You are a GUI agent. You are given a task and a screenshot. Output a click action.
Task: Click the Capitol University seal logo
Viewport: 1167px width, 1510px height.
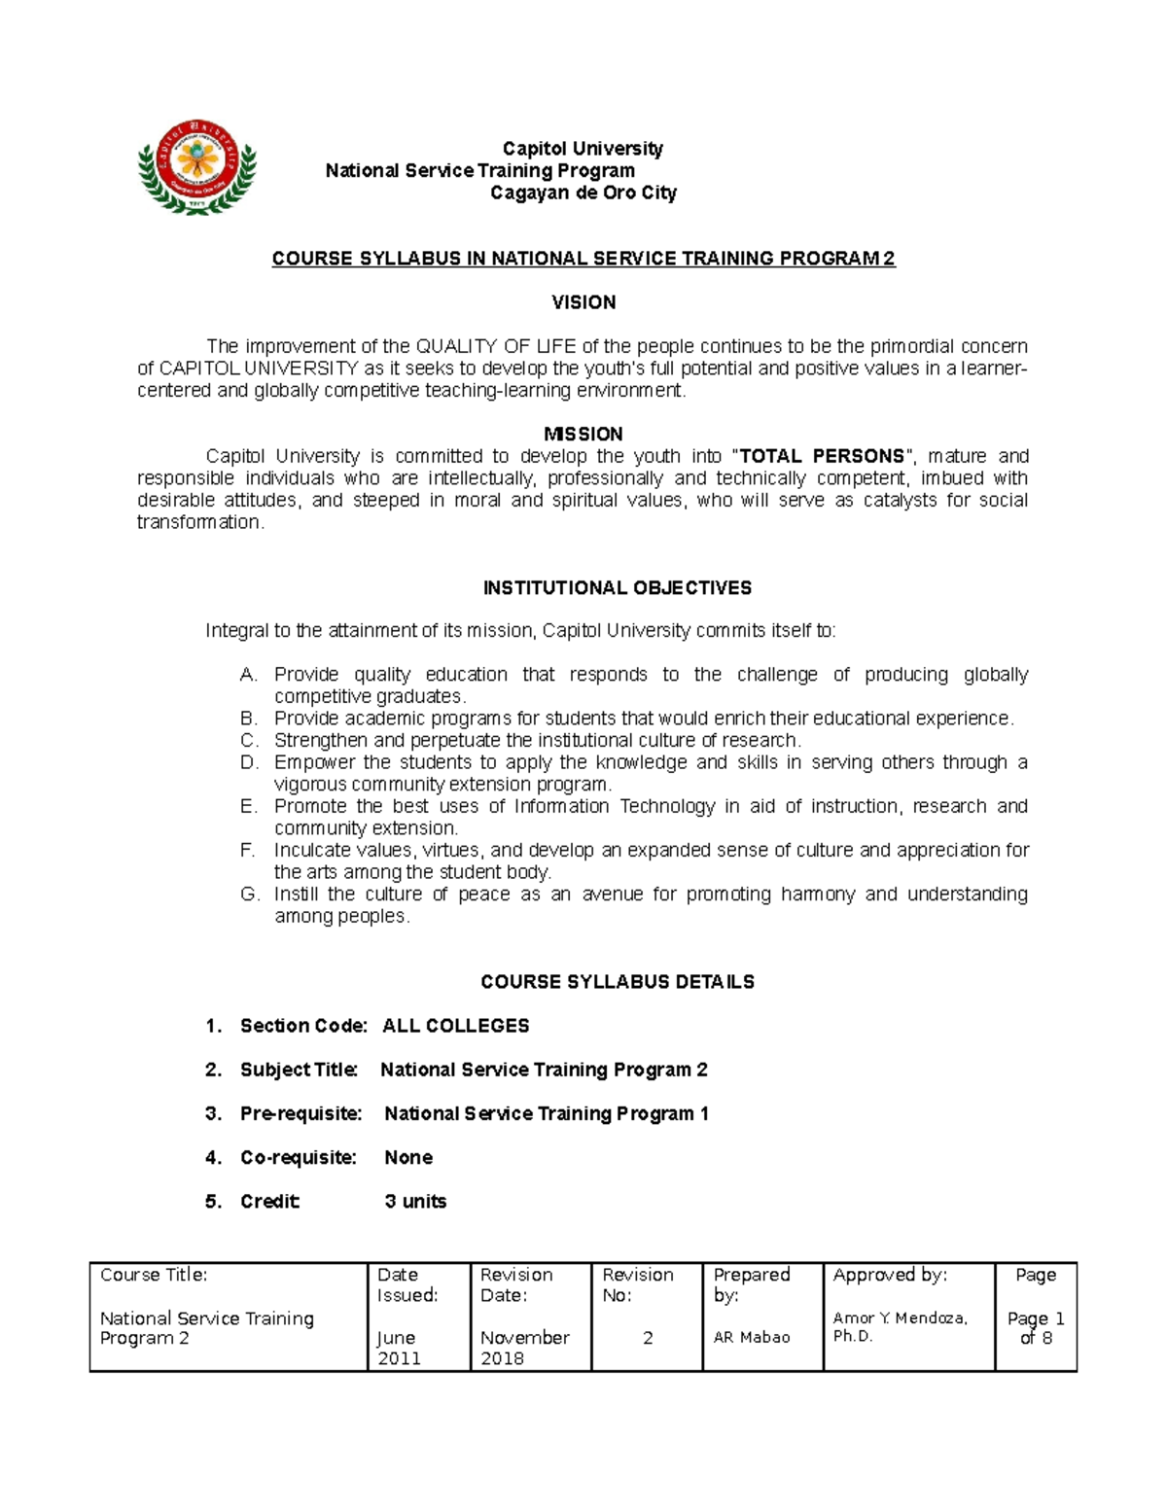tap(197, 167)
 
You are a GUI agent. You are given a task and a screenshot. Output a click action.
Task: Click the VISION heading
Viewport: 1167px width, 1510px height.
tap(583, 302)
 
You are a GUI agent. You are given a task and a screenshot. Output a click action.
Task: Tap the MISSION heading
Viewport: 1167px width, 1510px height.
tap(583, 434)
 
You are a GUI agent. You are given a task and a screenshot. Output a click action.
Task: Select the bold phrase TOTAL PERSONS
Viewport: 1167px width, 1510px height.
tap(822, 456)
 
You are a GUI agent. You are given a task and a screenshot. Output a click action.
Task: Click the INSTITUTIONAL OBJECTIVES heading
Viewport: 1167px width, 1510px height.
tap(618, 588)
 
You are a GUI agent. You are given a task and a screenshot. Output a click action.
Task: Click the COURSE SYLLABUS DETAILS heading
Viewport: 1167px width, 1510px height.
tap(618, 982)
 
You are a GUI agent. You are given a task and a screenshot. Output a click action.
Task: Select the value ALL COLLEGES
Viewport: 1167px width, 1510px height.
tap(456, 1026)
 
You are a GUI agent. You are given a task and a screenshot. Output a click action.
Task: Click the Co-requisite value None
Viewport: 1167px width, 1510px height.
tap(408, 1157)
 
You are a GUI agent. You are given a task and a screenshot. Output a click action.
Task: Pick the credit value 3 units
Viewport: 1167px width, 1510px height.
tap(415, 1201)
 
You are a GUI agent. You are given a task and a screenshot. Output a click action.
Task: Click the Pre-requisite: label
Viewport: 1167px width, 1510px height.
tap(301, 1113)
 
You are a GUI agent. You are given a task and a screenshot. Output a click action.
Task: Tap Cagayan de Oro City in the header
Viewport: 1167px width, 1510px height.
tap(583, 193)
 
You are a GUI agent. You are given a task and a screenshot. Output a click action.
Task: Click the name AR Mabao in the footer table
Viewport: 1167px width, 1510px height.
tap(752, 1338)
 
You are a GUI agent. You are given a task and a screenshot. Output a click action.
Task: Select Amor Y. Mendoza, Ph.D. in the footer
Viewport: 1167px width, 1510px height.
tap(900, 1327)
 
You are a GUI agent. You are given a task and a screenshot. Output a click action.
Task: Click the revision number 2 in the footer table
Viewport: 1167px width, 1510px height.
tap(648, 1338)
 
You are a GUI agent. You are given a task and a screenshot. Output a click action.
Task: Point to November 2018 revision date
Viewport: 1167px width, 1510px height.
tap(524, 1348)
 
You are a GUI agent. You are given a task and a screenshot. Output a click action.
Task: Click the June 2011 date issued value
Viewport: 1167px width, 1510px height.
tap(399, 1348)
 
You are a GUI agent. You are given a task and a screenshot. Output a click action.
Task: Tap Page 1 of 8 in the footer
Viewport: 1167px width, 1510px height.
tap(1036, 1328)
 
